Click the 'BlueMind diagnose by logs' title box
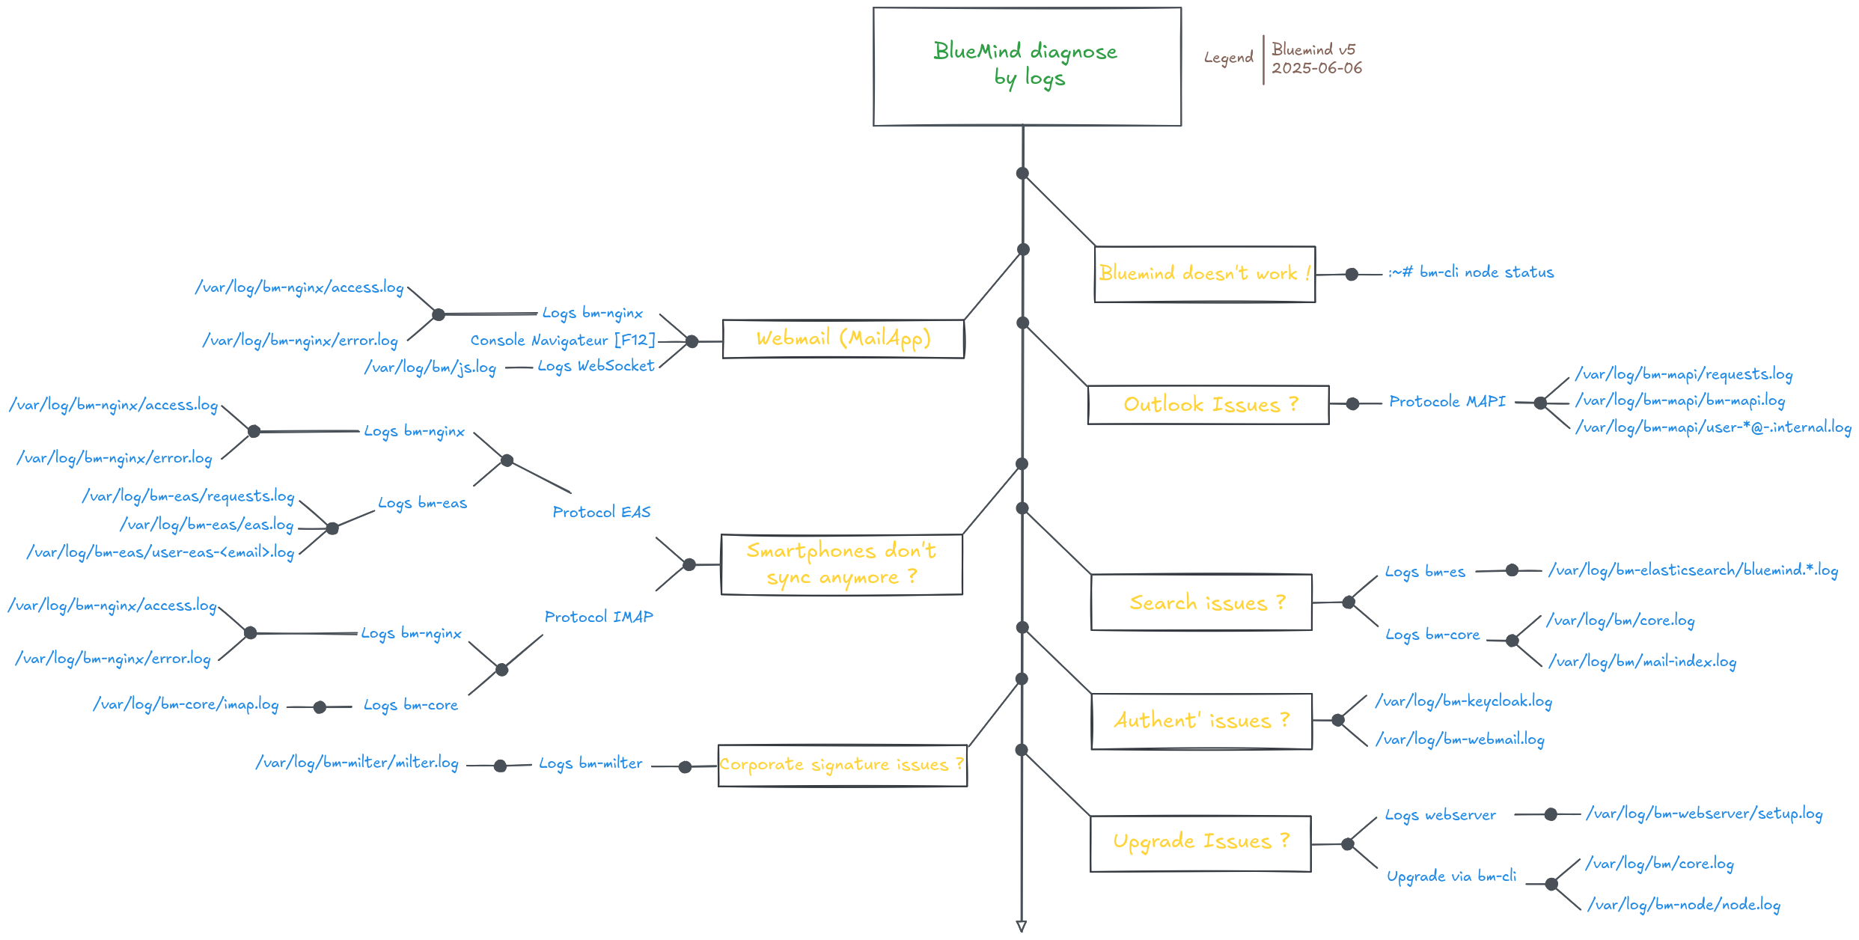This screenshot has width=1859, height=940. [1027, 66]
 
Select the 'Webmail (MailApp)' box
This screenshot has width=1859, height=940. [843, 338]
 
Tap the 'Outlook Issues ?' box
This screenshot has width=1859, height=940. [1208, 405]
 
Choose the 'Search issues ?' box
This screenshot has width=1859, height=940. [1201, 602]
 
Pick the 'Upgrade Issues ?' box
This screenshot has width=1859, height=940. [1200, 842]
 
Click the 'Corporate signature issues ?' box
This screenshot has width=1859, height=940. [842, 765]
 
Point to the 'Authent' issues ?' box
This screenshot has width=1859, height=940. [1201, 721]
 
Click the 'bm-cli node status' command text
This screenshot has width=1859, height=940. [1471, 272]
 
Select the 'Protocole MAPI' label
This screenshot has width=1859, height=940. [1447, 402]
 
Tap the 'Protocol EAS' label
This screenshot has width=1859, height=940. [602, 512]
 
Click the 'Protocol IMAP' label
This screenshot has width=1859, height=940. [599, 617]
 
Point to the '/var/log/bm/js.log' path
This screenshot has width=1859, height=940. [430, 367]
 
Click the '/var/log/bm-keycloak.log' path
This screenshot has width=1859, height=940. [1464, 701]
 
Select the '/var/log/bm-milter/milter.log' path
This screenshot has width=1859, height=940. [357, 763]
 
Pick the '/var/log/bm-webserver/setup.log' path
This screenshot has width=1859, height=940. [1704, 814]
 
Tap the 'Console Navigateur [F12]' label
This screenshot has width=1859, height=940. [563, 341]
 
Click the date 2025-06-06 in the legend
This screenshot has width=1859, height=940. [1316, 68]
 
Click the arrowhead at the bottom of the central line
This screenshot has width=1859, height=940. [1022, 927]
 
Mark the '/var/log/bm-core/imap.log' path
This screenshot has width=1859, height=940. [186, 705]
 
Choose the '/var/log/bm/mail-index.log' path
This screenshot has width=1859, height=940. [1642, 662]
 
